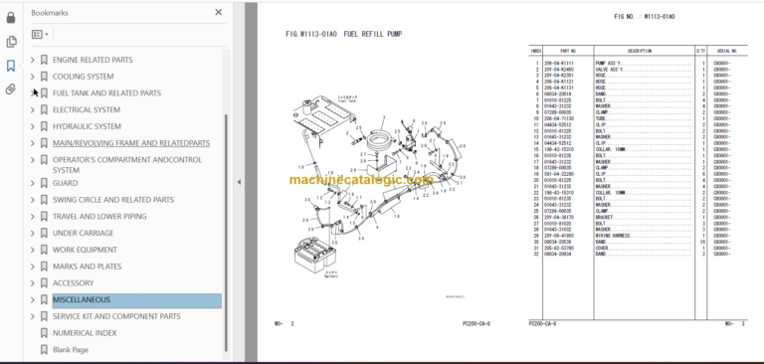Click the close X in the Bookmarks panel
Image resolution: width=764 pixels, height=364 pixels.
tap(218, 13)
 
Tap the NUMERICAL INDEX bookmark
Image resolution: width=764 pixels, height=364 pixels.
tap(85, 333)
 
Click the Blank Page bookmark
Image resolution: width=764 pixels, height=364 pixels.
tap(71, 349)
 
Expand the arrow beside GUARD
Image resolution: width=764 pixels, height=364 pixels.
tap(32, 183)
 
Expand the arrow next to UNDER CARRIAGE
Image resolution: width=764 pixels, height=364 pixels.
tap(32, 233)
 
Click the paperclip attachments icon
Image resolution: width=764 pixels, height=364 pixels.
tap(11, 89)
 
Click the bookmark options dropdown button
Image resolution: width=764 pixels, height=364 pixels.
tap(40, 34)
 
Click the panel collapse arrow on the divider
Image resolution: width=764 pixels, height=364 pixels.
tap(238, 182)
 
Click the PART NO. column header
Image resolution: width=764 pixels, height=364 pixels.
tap(568, 50)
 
